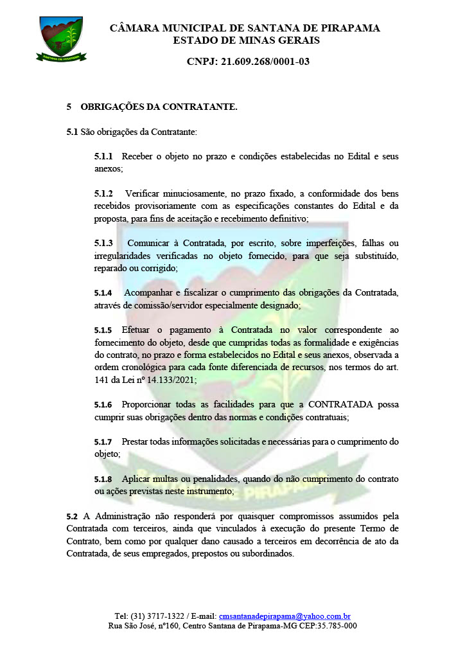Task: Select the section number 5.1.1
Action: pos(103,157)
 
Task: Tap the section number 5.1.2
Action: pos(103,193)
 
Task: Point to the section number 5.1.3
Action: pos(103,243)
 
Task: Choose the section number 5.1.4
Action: pos(103,293)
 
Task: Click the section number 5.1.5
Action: pos(103,330)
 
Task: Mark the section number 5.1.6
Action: pos(103,405)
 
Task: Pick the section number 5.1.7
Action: pos(103,442)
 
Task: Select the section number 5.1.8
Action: pos(103,479)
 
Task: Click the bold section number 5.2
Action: pos(72,516)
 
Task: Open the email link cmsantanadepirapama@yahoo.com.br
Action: pos(285,616)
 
